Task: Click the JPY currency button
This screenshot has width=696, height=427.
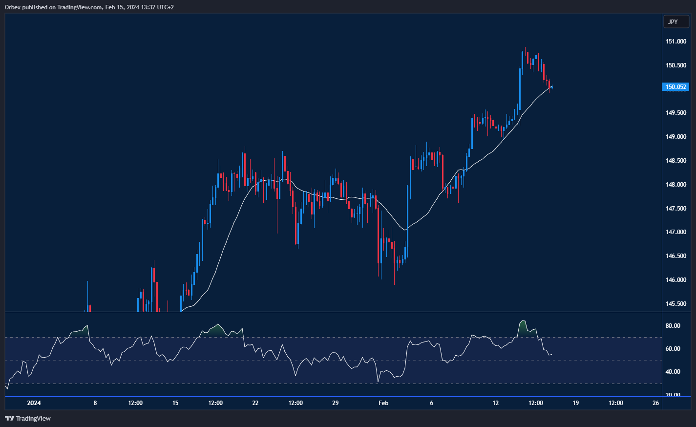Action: [676, 22]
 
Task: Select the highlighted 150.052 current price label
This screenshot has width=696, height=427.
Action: [676, 87]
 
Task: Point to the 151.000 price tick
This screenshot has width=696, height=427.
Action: [676, 42]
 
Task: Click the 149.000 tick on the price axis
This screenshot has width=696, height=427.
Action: [676, 137]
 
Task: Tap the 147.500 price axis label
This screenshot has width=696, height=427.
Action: [676, 209]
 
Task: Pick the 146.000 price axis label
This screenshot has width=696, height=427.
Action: [676, 280]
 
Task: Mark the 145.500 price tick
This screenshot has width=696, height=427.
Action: [676, 304]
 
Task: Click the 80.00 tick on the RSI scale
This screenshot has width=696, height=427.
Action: [674, 326]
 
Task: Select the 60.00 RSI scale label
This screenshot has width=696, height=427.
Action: [674, 349]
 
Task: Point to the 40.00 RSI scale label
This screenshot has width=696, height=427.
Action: [674, 372]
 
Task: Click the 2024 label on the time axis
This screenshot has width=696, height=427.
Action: [34, 403]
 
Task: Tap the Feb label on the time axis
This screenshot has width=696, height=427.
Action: [383, 403]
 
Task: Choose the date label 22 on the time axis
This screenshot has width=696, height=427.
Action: [255, 403]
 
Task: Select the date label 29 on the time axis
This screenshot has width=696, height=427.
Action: [336, 403]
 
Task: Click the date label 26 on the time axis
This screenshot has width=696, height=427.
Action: [656, 403]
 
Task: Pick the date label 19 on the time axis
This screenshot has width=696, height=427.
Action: [576, 403]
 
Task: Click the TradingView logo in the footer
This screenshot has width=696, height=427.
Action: [28, 418]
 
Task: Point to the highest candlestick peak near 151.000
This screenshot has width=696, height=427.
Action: [525, 48]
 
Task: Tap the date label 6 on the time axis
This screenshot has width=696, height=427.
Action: [432, 403]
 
